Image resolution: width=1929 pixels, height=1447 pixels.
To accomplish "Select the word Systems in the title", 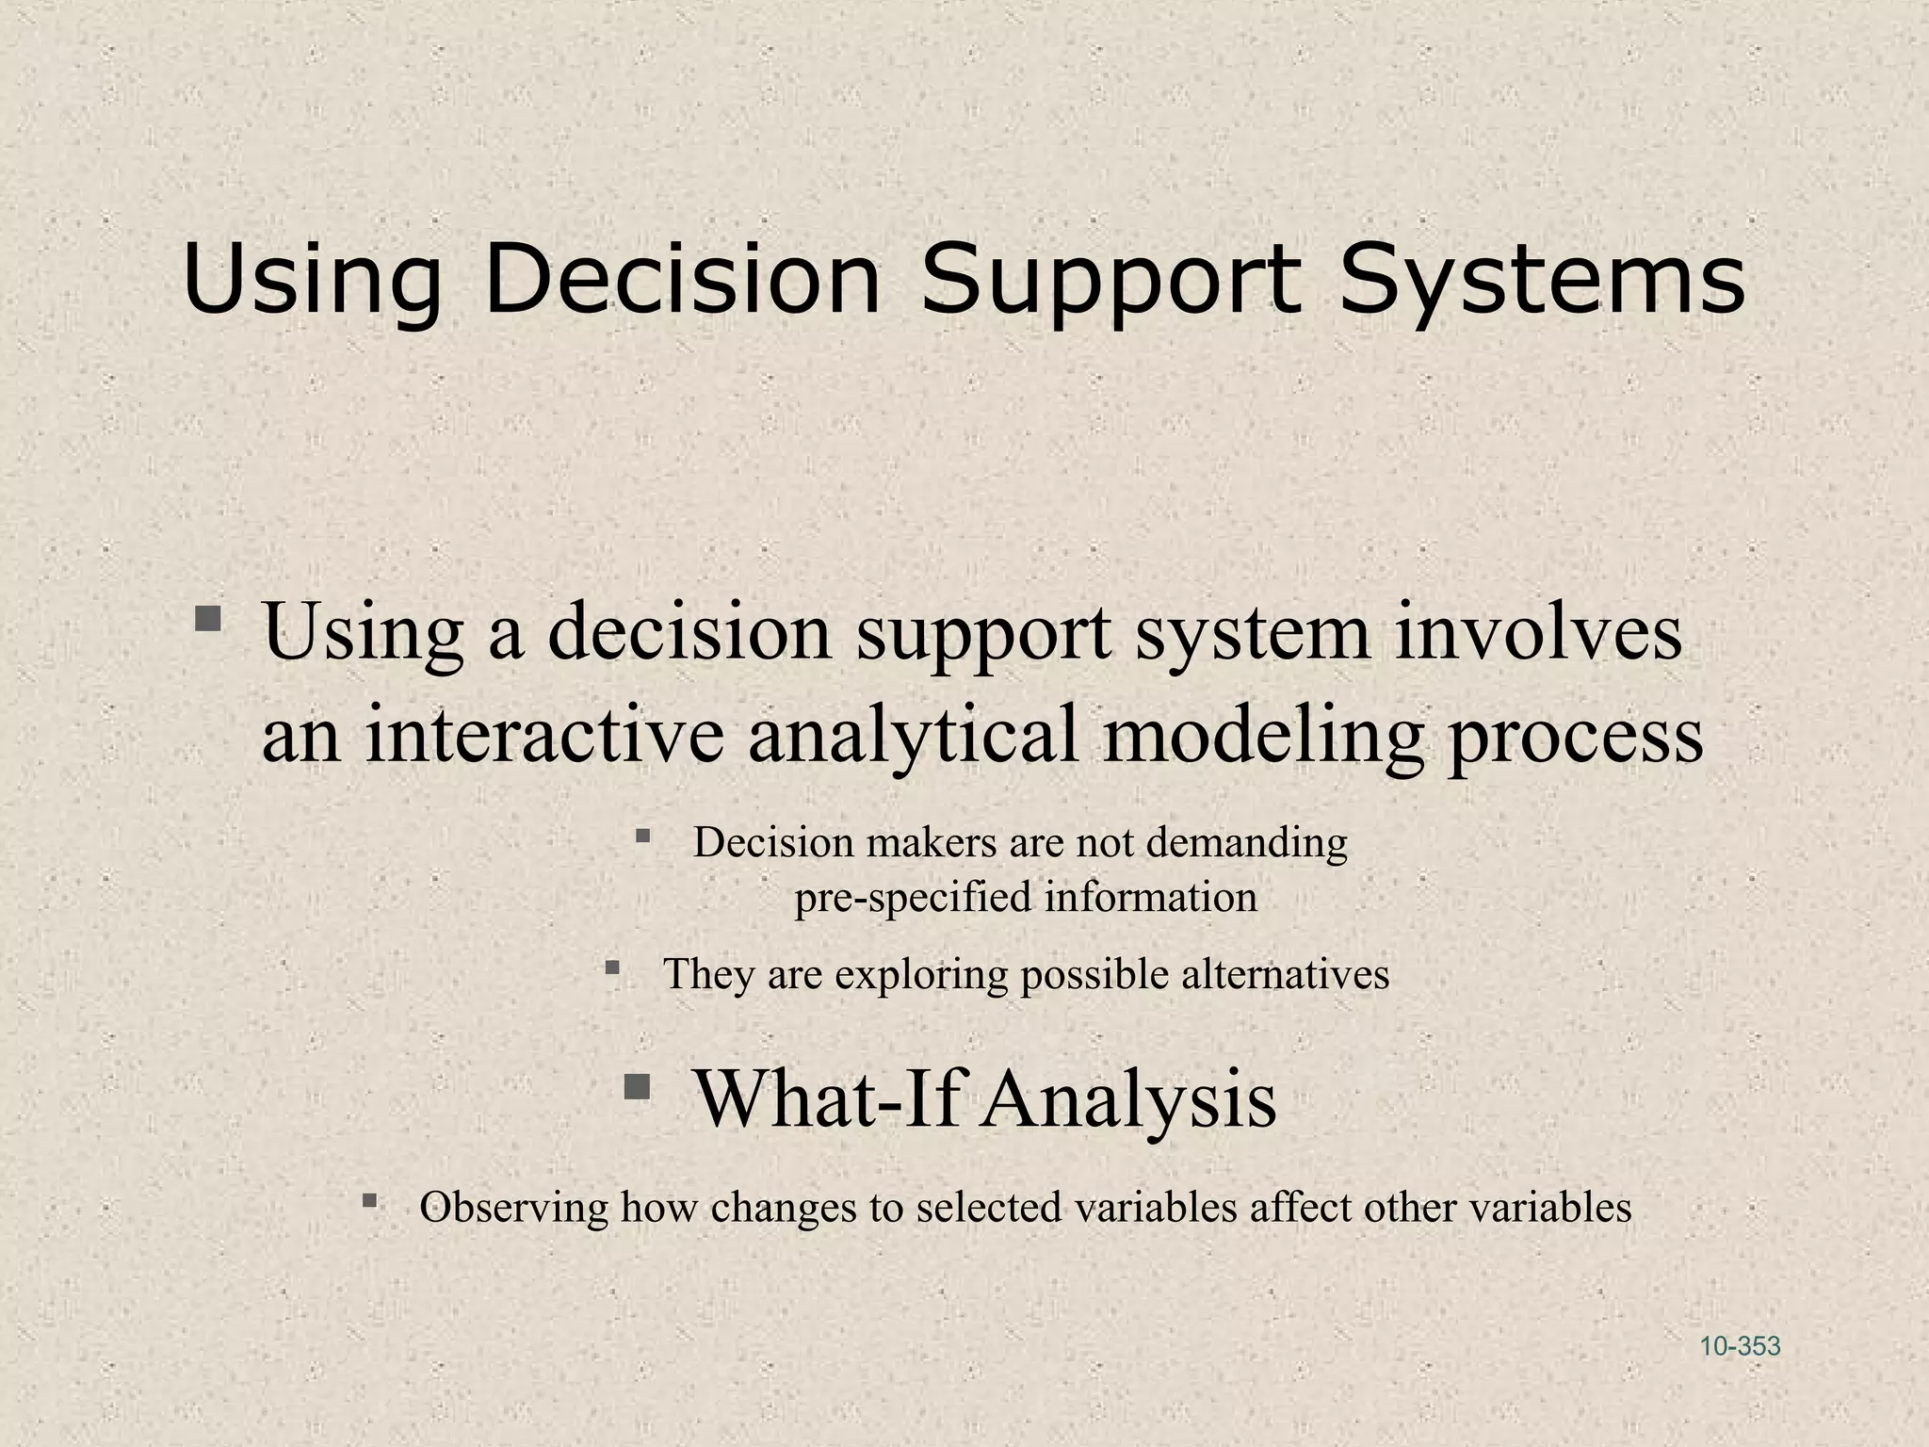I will coord(1542,280).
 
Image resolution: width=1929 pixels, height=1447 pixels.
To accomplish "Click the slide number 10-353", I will coord(1740,1346).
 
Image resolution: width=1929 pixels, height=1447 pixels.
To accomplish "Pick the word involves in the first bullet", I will coord(1537,632).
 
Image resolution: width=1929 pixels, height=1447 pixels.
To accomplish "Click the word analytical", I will coord(913,734).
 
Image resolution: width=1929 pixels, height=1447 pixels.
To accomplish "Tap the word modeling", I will coord(1262,734).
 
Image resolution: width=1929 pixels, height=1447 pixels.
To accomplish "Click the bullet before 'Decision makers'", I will coord(643,835).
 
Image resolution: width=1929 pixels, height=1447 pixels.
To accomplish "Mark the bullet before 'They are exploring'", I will coord(612,967).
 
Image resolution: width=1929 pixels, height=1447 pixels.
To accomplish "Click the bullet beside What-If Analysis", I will coord(638,1087).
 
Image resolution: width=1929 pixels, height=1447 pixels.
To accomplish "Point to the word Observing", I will coord(513,1208).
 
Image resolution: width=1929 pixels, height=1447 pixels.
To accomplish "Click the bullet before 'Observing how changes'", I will coord(369,1200).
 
